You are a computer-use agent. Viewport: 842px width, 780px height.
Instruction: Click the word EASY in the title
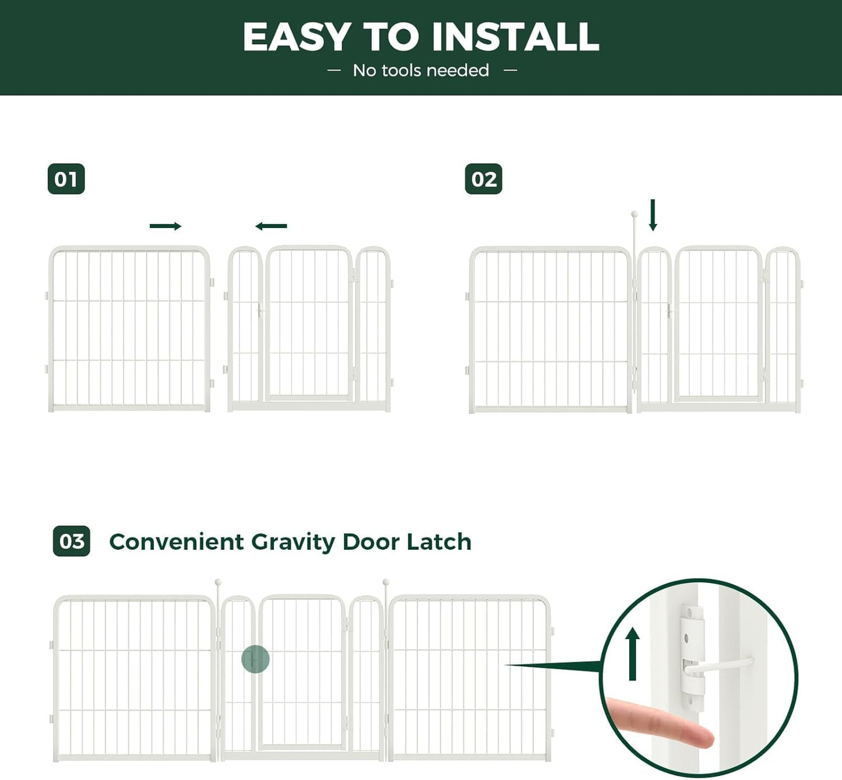296,37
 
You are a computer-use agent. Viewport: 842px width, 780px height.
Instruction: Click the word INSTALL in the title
515,37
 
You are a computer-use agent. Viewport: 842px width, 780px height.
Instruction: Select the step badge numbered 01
66,179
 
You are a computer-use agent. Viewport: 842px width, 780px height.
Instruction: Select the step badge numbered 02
483,179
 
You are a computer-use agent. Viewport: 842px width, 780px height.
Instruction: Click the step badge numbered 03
71,541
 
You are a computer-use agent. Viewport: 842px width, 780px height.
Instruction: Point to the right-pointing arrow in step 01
165,226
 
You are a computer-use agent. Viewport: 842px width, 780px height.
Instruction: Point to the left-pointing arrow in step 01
271,226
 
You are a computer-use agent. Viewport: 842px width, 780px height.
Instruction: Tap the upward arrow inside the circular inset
633,653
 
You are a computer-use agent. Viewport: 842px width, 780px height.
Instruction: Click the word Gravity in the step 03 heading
293,542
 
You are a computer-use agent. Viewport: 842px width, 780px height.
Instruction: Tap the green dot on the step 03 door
255,659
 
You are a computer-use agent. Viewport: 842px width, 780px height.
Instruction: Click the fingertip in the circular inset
699,736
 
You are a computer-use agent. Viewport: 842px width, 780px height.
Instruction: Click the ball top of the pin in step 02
635,215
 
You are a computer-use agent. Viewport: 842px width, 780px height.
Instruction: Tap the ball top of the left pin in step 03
218,582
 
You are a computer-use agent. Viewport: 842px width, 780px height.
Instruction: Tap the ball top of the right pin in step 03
386,582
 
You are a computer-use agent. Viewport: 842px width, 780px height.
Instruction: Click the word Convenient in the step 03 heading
177,542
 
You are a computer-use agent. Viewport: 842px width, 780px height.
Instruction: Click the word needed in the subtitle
461,71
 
